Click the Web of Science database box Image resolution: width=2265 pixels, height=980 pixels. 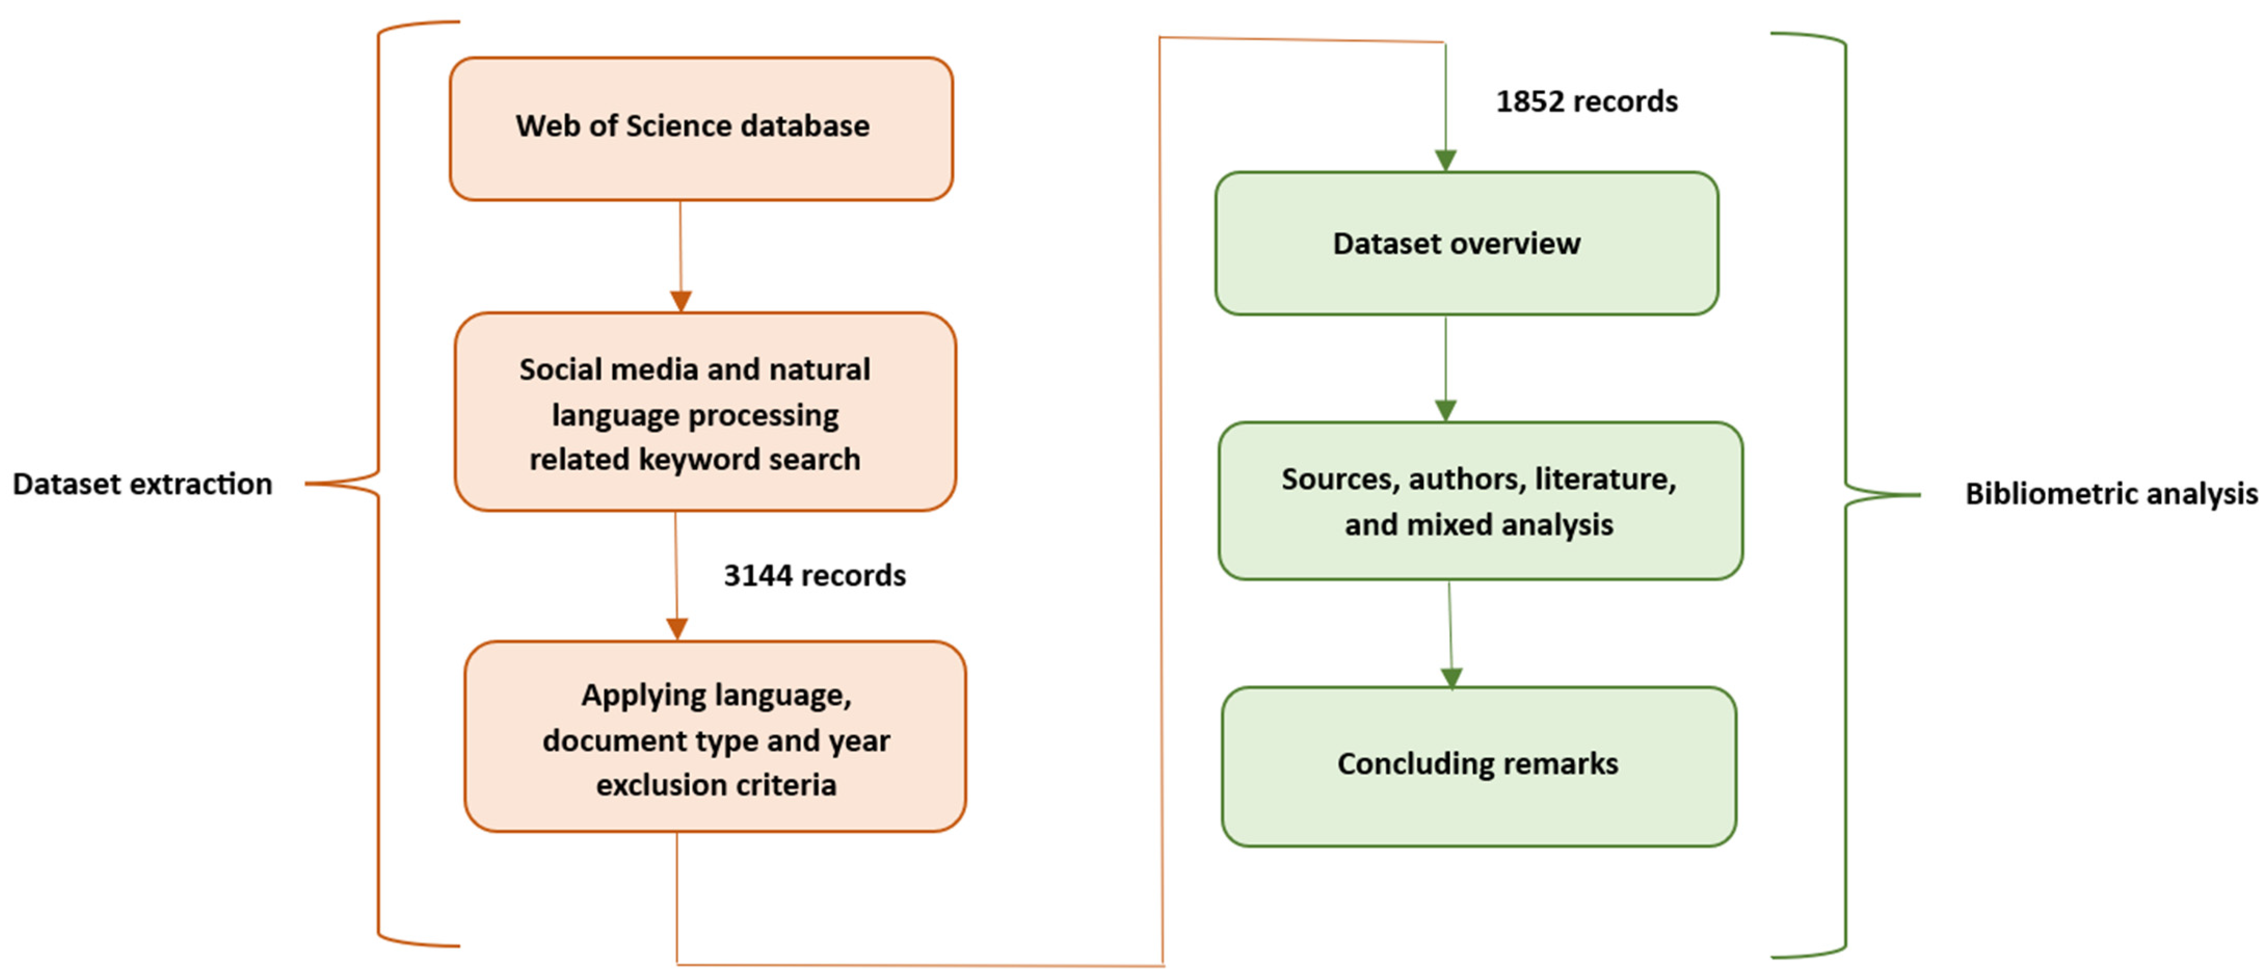point(701,128)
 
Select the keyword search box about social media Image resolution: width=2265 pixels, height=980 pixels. point(704,412)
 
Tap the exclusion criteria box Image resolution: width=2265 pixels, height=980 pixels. point(715,736)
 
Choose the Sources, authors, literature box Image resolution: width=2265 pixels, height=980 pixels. point(1480,500)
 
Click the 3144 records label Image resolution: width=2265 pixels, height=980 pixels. point(814,575)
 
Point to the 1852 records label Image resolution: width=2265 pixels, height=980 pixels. point(1586,102)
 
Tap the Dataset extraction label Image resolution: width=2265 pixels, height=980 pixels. point(142,484)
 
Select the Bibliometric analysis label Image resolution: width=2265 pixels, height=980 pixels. point(2110,494)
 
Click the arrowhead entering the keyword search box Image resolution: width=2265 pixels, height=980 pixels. point(681,301)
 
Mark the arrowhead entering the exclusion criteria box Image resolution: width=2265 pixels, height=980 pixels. point(676,629)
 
